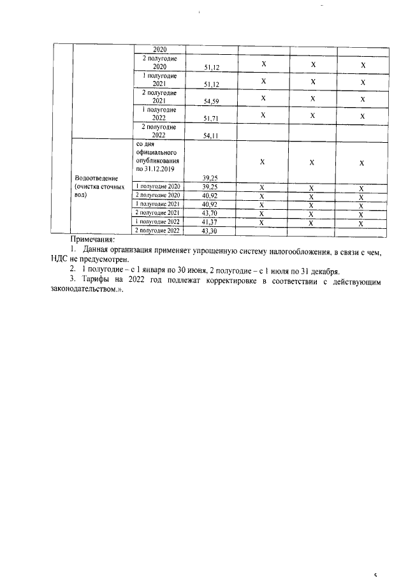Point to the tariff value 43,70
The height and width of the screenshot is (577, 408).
click(x=210, y=212)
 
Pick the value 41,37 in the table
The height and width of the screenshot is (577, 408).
click(x=210, y=221)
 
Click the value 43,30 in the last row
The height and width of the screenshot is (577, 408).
click(x=210, y=230)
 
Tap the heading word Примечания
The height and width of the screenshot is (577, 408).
click(x=92, y=238)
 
